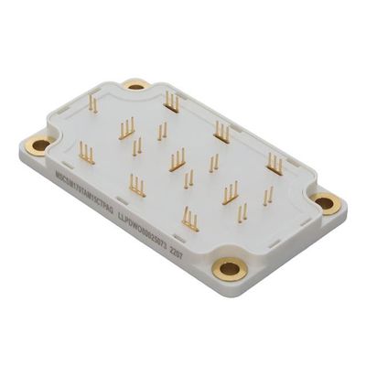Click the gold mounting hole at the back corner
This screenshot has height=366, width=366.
click(x=136, y=85)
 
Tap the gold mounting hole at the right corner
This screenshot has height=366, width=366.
click(x=323, y=203)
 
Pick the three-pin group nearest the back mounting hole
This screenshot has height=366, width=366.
click(x=171, y=102)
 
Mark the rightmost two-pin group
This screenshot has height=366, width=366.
click(x=267, y=195)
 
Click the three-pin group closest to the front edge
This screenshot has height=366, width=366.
click(x=189, y=218)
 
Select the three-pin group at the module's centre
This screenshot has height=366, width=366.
click(x=178, y=159)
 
